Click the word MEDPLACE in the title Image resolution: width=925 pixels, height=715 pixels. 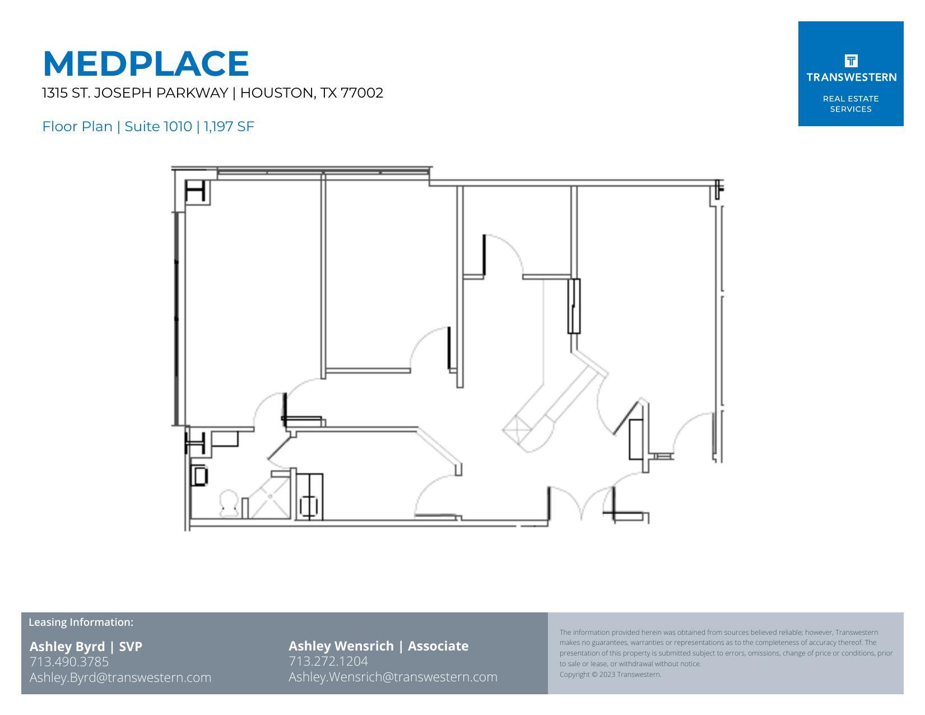point(146,63)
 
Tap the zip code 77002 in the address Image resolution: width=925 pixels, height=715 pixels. point(362,93)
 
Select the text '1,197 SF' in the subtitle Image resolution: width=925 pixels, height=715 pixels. point(229,127)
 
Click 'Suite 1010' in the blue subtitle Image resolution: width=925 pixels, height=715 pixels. point(158,127)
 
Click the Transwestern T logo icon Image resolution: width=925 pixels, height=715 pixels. point(850,61)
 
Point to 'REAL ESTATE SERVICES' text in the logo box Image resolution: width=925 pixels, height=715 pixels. point(850,104)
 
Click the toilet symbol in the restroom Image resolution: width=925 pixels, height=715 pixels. point(228,504)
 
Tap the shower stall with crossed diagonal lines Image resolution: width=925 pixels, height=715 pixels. point(270,497)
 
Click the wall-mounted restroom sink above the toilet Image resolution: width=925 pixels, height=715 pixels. point(199,476)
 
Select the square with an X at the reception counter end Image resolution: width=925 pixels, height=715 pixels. point(516,430)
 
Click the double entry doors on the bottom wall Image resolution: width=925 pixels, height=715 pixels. point(581,501)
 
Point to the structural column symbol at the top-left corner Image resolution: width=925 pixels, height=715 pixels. point(195,191)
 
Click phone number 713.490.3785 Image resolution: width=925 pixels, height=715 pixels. point(69,662)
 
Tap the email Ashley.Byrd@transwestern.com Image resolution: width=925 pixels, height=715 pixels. point(120,677)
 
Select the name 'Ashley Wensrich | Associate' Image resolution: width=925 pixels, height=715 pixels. point(378,646)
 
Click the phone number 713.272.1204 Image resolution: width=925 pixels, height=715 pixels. point(328,661)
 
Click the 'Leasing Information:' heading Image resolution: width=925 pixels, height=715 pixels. point(81,622)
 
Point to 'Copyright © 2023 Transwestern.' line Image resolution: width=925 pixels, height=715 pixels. point(610,675)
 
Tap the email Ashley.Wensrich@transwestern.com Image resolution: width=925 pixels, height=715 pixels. point(393,677)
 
